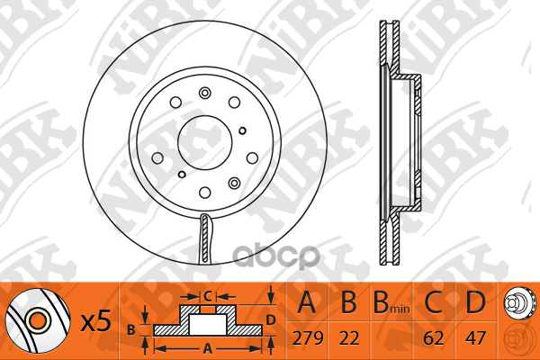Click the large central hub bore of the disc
click(205, 142)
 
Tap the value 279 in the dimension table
click(308, 338)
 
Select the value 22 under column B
click(349, 338)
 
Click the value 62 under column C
click(434, 338)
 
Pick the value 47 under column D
click(475, 338)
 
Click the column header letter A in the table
click(307, 302)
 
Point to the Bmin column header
click(391, 302)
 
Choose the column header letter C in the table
click(433, 302)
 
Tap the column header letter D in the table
click(475, 302)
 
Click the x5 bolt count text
click(95, 321)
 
